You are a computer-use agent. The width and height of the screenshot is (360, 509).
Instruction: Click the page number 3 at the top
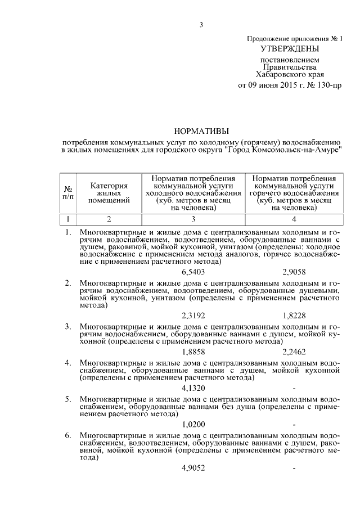pos(201,24)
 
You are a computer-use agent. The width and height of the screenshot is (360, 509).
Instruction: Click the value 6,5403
pos(194,272)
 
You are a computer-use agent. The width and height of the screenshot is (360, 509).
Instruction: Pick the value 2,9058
pos(295,272)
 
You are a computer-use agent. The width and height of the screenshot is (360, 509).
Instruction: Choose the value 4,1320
pos(194,388)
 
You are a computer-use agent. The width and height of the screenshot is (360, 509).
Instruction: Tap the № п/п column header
pos(68,192)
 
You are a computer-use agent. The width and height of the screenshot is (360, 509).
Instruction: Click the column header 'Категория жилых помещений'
pos(109,192)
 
